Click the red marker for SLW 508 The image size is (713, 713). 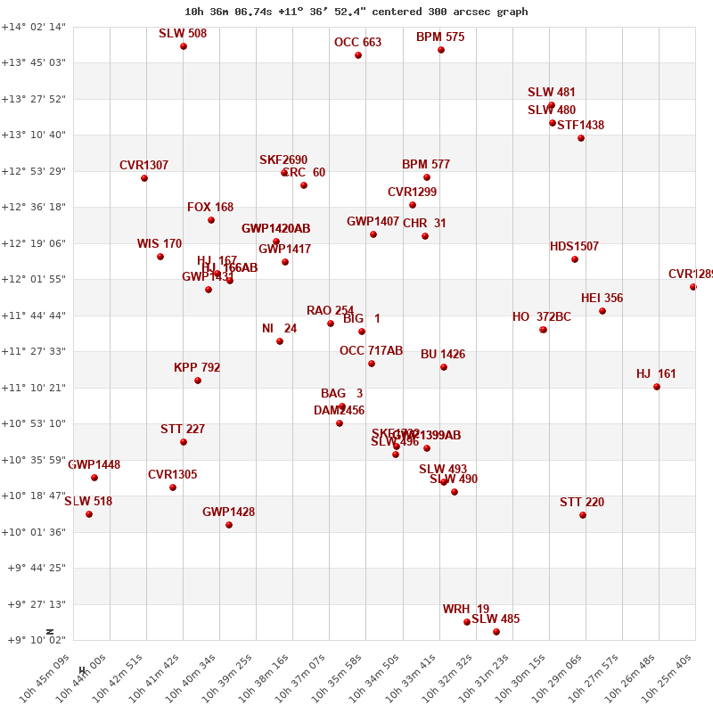click(184, 46)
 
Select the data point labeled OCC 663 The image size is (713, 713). click(358, 55)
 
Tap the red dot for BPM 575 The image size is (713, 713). click(441, 50)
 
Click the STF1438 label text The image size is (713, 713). click(580, 126)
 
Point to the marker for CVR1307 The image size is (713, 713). click(144, 178)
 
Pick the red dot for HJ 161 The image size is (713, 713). click(657, 387)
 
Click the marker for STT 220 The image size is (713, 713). click(583, 515)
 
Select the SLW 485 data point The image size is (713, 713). click(496, 632)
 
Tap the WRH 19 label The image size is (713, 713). click(466, 610)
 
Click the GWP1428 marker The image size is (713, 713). click(229, 525)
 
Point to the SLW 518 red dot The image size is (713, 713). click(89, 514)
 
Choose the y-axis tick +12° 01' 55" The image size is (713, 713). click(34, 279)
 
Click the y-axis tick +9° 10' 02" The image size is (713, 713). click(34, 640)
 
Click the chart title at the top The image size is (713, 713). click(356, 12)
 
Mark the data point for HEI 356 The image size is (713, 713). click(602, 311)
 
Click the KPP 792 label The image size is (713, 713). click(197, 368)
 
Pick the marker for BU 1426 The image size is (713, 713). click(444, 367)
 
